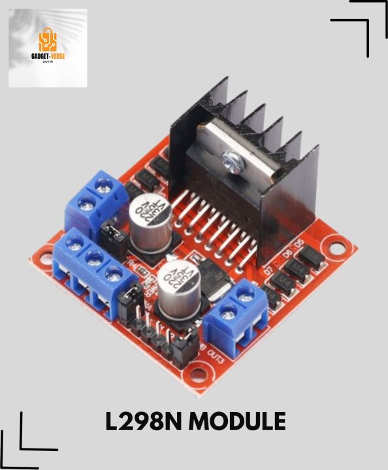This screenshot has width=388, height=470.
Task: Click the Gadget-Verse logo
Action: (47, 48)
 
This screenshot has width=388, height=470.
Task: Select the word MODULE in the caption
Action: (238, 421)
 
